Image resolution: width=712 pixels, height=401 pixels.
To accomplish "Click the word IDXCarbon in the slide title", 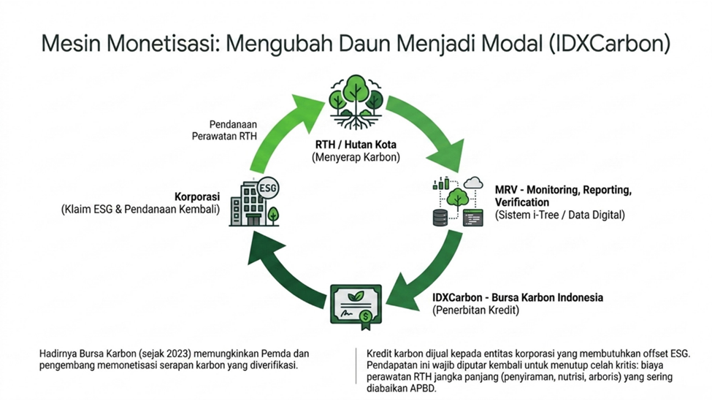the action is (608, 44).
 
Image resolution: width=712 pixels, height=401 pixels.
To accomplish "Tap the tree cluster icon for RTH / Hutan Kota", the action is (356, 103).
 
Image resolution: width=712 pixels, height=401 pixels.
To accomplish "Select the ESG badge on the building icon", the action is (268, 188).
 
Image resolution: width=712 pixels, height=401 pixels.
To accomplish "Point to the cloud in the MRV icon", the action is (473, 183).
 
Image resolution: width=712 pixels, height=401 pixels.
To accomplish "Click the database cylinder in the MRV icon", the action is (440, 218).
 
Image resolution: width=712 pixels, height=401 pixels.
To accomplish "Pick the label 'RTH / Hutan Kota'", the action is (356, 145).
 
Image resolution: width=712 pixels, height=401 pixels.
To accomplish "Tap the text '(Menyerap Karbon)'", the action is (356, 158).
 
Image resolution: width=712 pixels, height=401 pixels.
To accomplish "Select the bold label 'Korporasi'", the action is (197, 196).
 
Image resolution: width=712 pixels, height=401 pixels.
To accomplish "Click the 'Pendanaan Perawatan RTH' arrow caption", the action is (224, 130).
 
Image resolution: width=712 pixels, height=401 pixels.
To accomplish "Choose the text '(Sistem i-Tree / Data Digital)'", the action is (560, 215).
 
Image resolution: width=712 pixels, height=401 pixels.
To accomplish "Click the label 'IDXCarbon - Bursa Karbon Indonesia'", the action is (518, 298).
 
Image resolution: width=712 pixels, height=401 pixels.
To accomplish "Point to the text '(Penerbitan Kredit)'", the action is (475, 310).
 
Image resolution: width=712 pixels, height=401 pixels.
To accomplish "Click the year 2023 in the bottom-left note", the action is (177, 354).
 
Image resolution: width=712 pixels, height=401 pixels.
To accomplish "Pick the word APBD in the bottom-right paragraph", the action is (423, 389).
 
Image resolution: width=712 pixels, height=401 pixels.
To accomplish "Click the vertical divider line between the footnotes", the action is (356, 366).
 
